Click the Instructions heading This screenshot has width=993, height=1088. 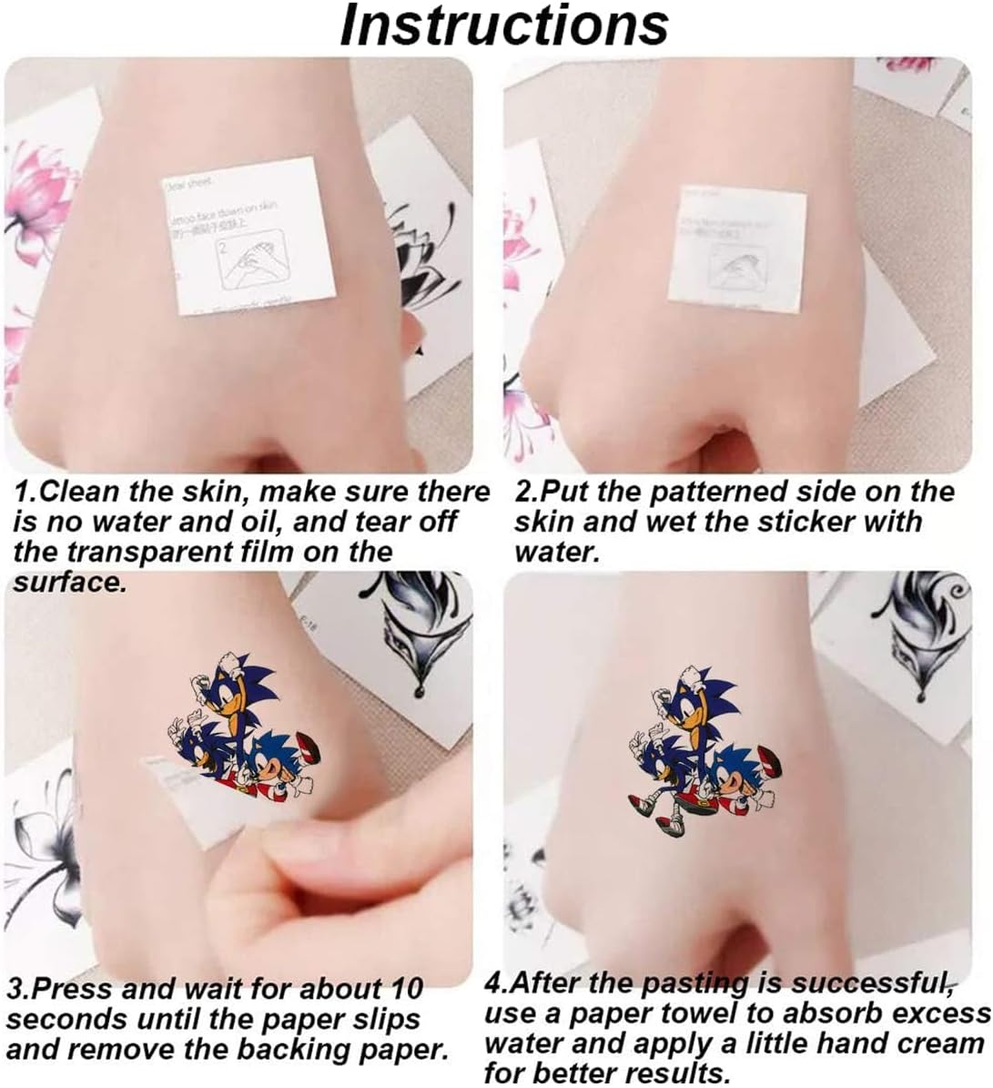503,26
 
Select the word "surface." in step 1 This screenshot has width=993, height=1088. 68,583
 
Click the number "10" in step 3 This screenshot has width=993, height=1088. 403,989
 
